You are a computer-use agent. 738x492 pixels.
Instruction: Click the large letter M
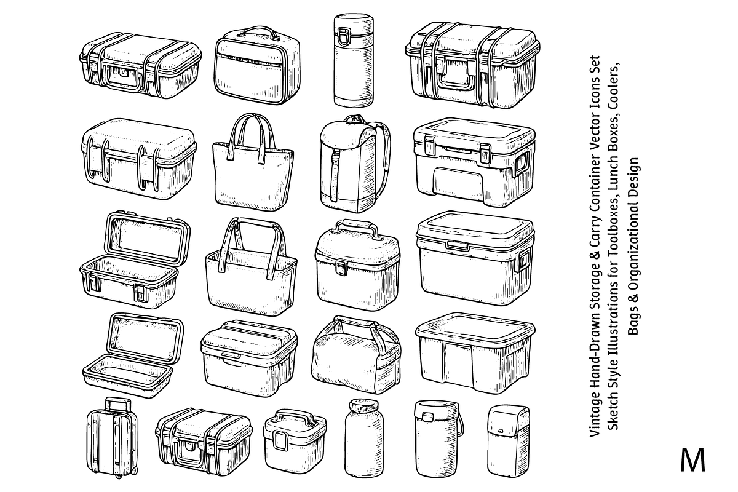pyautogui.click(x=692, y=461)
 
